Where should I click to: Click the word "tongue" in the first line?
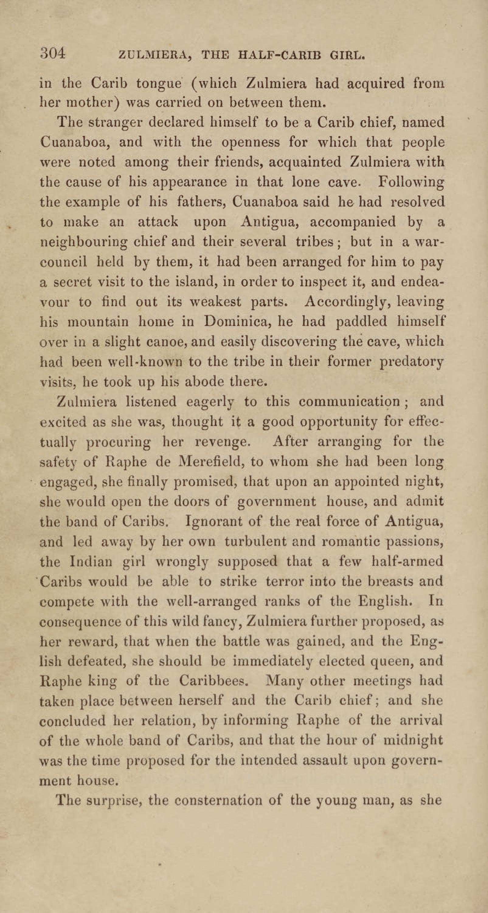coord(159,84)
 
